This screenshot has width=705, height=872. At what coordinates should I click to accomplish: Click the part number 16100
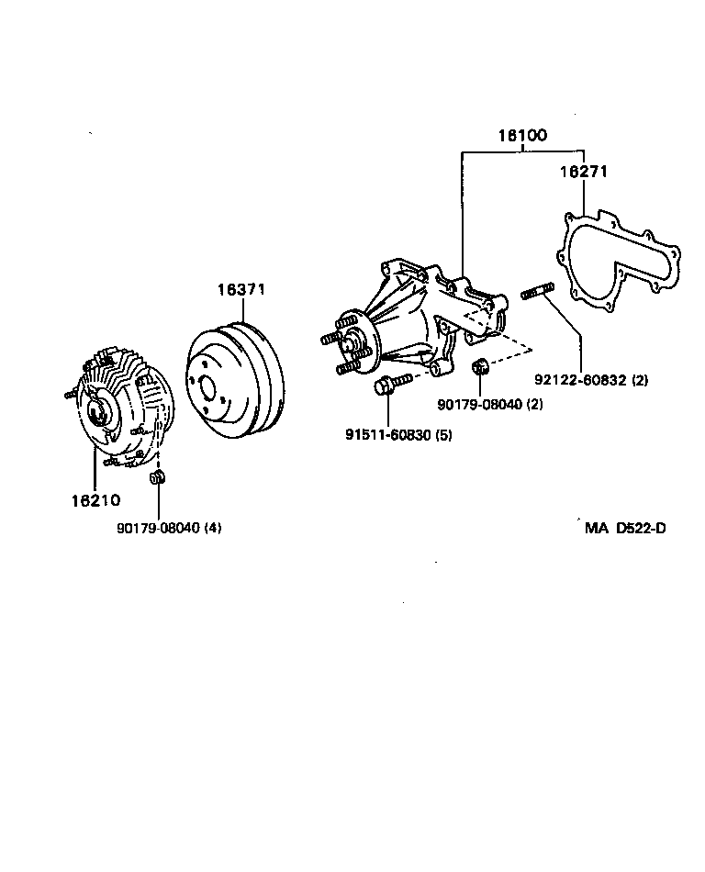[522, 135]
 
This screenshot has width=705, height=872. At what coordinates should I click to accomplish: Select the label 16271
[584, 171]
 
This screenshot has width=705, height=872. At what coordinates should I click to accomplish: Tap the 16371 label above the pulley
[241, 289]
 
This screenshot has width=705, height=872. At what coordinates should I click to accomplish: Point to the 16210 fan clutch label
[95, 500]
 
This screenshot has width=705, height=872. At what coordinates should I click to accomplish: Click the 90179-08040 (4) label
[169, 528]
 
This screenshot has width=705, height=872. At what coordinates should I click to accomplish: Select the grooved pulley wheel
[235, 376]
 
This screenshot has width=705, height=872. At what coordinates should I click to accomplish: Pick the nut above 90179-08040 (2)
[478, 368]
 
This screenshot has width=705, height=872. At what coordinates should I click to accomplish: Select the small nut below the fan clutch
[157, 478]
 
